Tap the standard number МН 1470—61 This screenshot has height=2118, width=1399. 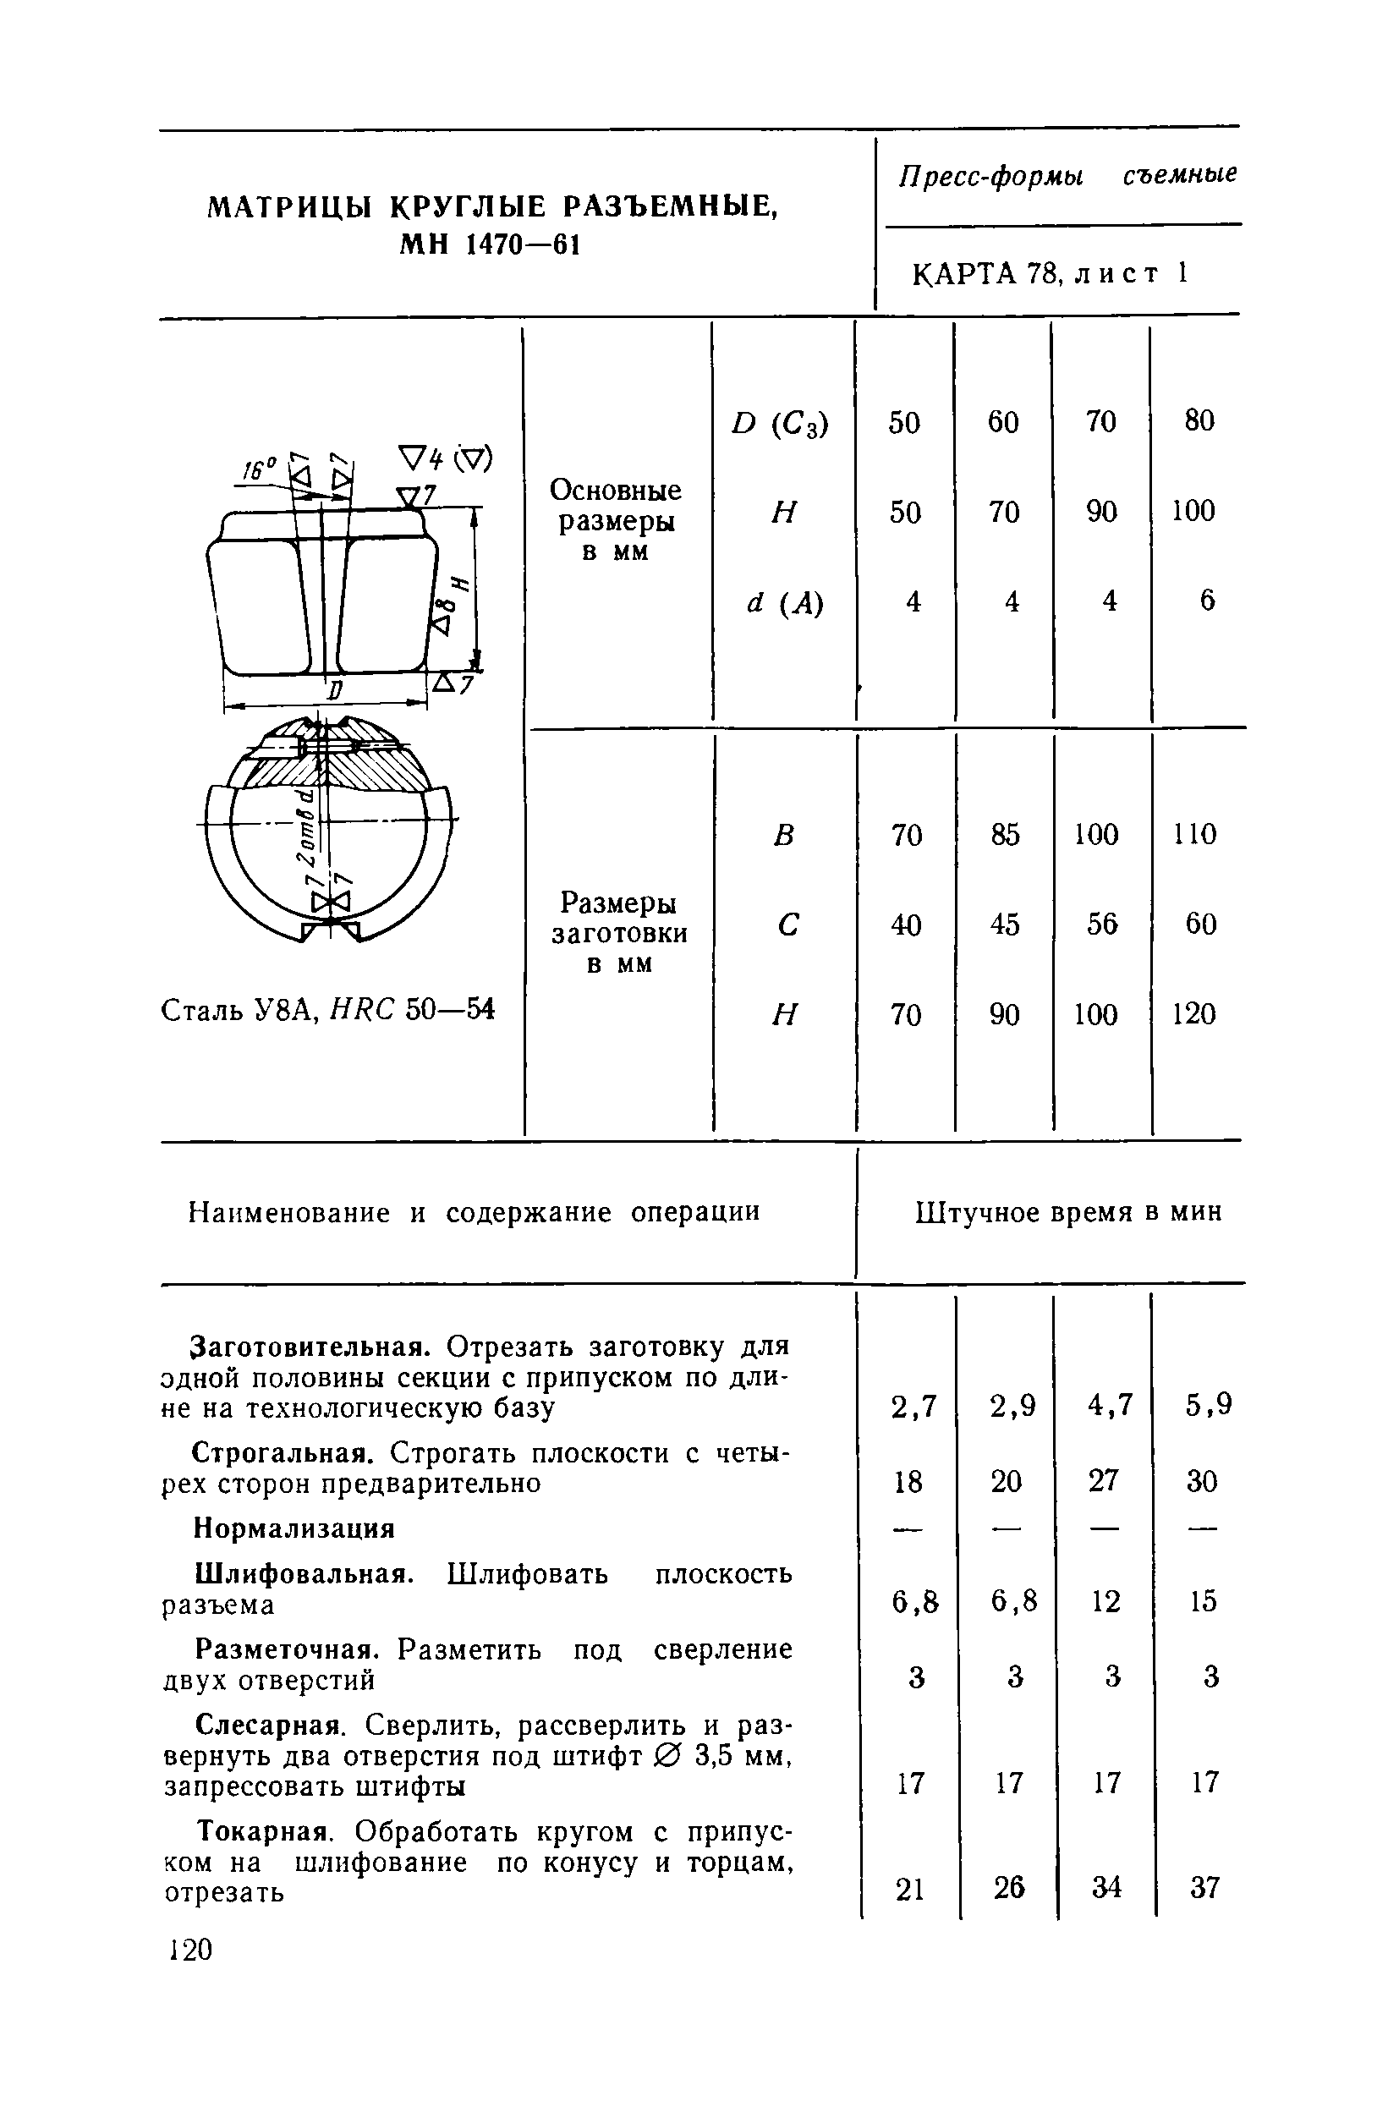489,244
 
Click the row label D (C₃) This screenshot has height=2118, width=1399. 780,423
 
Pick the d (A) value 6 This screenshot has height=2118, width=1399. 1206,601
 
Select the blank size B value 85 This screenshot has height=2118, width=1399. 1004,834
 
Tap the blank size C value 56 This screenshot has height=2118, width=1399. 1102,924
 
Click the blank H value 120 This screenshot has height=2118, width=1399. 1193,1013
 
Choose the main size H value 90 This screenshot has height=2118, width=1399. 1102,512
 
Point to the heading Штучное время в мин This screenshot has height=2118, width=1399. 1068,1212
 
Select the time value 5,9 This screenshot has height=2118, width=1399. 1208,1405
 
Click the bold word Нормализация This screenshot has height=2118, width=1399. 294,1529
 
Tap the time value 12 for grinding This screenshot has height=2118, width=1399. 1105,1601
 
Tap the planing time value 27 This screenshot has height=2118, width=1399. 1104,1481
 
